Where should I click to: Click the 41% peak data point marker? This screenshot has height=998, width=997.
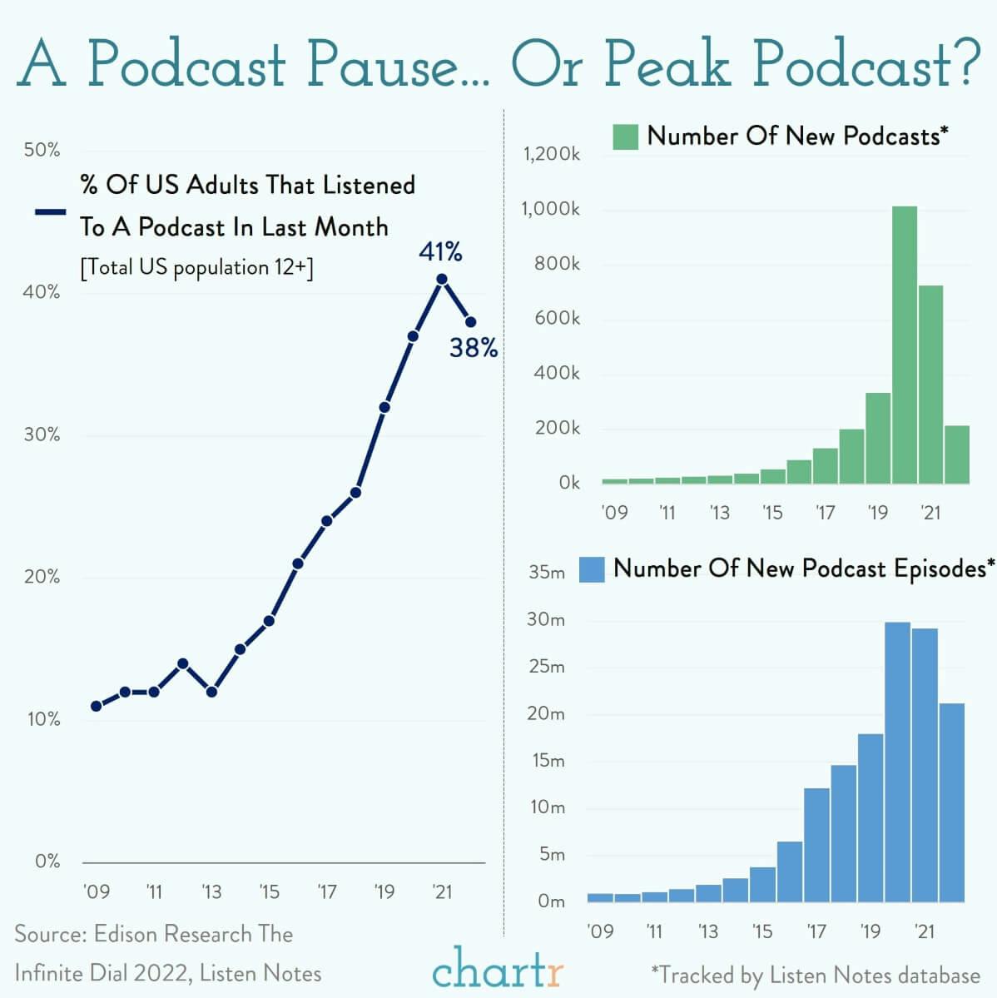coord(442,280)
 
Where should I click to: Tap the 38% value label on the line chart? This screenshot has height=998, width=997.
coord(474,348)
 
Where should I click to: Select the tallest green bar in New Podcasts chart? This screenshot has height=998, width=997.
coord(904,345)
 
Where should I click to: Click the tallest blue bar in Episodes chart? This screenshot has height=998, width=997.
coord(897,762)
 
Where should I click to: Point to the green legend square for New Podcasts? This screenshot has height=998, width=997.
coord(625,137)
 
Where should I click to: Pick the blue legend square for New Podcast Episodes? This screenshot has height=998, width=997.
coord(591,569)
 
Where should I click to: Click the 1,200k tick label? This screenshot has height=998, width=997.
coord(551,154)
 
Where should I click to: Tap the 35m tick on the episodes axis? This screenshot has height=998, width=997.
coord(546,573)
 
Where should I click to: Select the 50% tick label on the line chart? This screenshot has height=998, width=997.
coord(42,150)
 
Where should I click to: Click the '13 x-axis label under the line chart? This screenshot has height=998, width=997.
coord(211,892)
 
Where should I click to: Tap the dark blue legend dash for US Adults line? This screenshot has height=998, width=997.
coord(50,212)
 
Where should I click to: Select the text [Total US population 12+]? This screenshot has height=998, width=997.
coord(196,268)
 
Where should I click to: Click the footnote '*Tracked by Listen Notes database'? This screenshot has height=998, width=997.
coord(815,975)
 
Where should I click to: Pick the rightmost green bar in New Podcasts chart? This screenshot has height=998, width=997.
coord(957,454)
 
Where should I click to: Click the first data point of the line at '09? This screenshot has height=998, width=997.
coord(97,706)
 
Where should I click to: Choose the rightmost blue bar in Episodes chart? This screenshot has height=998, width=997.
coord(951,802)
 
